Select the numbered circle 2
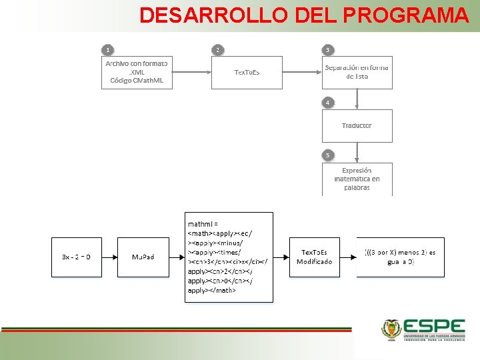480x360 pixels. (217, 49)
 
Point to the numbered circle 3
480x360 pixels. (327, 49)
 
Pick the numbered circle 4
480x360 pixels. (327, 103)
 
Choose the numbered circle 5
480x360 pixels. (327, 155)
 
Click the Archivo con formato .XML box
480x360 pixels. (137, 72)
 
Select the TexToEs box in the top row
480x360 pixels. (247, 72)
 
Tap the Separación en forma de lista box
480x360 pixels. (357, 72)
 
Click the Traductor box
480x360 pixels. (357, 125)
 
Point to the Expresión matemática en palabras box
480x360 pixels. (357, 179)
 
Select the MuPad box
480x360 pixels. (143, 257)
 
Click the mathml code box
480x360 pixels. (229, 257)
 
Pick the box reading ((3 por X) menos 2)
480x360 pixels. (400, 257)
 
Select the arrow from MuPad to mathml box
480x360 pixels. (177, 257)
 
